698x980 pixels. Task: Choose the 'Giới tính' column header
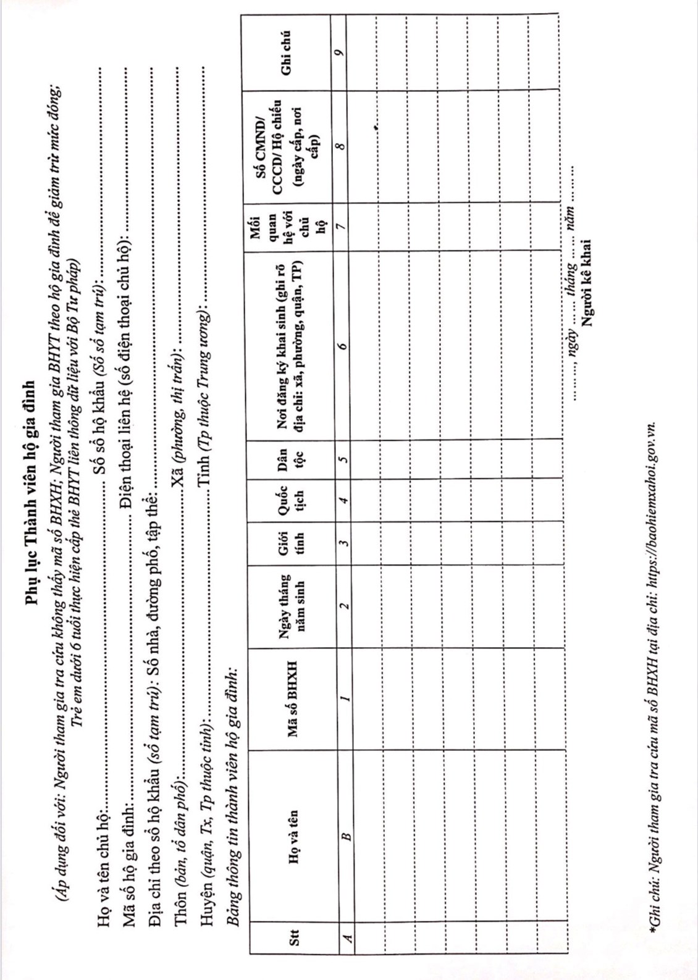coord(290,543)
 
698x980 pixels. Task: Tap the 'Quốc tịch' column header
coord(290,500)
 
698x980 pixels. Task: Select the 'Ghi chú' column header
coord(285,52)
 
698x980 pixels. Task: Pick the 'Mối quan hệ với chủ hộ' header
coord(287,225)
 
